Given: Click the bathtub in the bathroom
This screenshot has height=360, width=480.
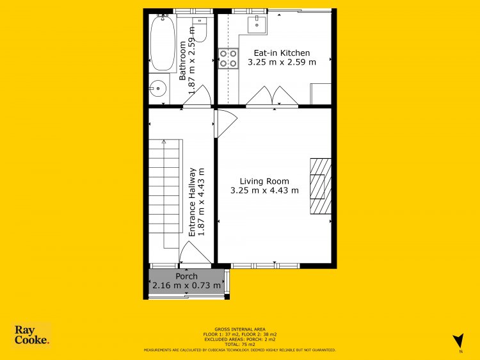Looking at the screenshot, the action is tap(163, 43).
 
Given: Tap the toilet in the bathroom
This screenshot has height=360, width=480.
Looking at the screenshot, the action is tap(200, 29).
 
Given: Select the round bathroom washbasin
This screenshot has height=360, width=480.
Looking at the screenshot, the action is tap(158, 88).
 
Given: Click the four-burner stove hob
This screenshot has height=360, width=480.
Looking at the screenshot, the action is tap(228, 58).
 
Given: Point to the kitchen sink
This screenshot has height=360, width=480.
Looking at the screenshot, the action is tap(257, 24).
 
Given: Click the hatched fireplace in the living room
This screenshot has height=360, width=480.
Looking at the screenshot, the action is tap(321, 186).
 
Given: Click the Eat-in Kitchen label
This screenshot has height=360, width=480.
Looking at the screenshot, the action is tap(282, 53).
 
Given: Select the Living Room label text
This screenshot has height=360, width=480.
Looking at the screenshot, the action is tap(264, 181).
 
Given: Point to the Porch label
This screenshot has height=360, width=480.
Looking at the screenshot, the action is tap(186, 276).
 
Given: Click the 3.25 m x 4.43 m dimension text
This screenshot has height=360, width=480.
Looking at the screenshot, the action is tap(264, 190).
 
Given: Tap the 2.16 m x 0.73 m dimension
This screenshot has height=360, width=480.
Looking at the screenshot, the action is tap(186, 286).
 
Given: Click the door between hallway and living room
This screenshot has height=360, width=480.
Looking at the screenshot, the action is tap(226, 124).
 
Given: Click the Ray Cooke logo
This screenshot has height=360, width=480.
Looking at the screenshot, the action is tap(31, 335).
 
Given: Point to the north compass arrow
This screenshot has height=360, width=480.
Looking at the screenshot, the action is tap(458, 341).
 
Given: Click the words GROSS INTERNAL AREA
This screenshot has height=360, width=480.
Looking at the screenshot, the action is tap(240, 329).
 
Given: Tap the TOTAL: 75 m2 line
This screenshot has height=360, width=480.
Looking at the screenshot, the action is tap(240, 345).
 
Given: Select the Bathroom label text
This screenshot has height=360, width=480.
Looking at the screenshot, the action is tap(182, 61).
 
